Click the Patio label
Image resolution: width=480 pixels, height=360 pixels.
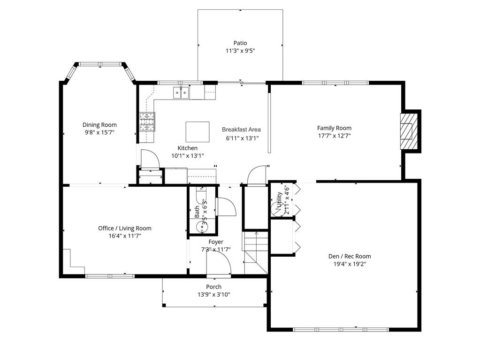(x=240, y=43)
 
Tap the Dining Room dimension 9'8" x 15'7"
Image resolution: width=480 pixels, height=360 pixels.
(x=99, y=132)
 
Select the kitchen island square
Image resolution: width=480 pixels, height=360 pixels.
(x=198, y=132)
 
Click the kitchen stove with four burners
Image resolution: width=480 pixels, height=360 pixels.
(x=147, y=122)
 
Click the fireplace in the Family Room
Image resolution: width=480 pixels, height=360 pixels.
(x=408, y=131)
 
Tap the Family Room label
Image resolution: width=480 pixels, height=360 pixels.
(x=334, y=128)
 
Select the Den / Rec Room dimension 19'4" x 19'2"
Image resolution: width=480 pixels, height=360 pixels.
(x=349, y=264)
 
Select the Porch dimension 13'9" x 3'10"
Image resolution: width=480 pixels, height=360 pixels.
(x=213, y=295)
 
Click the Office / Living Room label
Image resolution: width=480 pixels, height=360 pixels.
(x=125, y=228)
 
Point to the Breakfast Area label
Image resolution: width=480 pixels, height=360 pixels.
(x=241, y=130)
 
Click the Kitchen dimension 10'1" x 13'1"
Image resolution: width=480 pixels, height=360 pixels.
(x=188, y=156)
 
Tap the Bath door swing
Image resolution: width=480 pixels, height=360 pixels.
(x=224, y=207)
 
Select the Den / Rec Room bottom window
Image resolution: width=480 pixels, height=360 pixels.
(x=341, y=329)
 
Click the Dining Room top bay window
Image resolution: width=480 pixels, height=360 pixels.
(x=100, y=64)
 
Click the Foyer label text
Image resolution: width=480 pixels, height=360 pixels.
(x=216, y=242)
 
